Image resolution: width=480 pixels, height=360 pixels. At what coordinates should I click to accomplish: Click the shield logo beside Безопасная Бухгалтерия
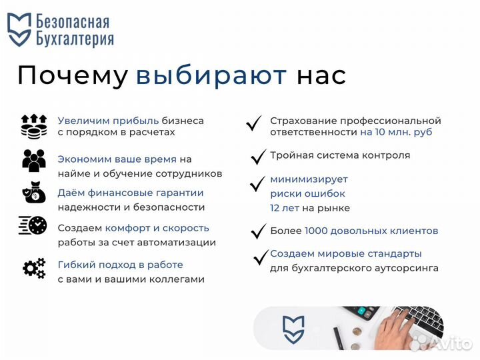point(19,30)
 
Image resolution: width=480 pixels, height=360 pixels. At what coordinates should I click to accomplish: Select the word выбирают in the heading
point(211,75)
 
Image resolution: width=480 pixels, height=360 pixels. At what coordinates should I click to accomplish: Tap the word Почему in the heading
point(72,75)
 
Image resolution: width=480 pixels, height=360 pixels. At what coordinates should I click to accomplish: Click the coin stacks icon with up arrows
point(33,126)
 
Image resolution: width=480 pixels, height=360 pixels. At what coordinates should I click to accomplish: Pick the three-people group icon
point(33,161)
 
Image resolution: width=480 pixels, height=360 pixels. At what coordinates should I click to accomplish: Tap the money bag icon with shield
point(33,193)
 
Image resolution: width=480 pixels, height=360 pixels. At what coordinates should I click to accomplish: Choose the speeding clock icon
point(33,226)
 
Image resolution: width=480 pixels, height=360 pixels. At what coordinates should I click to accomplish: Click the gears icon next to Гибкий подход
point(33,268)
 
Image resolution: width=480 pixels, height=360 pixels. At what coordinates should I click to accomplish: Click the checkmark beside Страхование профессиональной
point(253,123)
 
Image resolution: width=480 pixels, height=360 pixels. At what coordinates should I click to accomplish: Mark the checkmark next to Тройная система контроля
point(258,157)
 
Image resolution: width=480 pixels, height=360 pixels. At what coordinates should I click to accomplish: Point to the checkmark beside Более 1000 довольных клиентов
point(258,232)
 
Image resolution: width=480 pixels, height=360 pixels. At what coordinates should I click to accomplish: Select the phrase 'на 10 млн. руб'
point(396,132)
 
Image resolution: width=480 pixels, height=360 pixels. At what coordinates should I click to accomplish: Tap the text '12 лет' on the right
point(285,208)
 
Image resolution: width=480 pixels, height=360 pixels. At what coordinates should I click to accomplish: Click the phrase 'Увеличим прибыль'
point(108,121)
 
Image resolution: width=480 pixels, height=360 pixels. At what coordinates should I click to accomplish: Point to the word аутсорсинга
point(409,268)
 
